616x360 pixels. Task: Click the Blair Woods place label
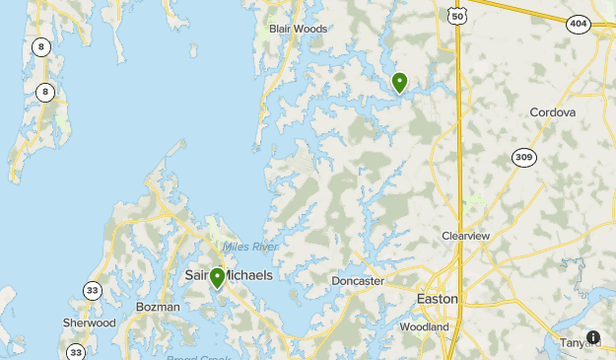click(298, 29)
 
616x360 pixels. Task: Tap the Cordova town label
click(552, 112)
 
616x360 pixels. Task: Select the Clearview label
click(465, 236)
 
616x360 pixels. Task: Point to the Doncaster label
click(358, 281)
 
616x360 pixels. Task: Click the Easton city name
click(437, 298)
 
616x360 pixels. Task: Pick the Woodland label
click(424, 326)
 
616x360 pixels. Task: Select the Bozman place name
click(158, 307)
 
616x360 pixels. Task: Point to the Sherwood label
click(90, 323)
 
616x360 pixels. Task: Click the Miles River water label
click(250, 247)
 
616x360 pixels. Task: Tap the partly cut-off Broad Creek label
click(199, 357)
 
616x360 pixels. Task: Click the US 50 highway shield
click(455, 13)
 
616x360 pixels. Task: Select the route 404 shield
click(579, 24)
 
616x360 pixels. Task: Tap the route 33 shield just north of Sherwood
click(92, 290)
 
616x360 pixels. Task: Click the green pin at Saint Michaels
click(218, 277)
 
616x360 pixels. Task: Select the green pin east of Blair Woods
click(399, 82)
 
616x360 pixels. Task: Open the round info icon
click(593, 337)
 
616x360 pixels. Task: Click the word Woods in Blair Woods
click(311, 29)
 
